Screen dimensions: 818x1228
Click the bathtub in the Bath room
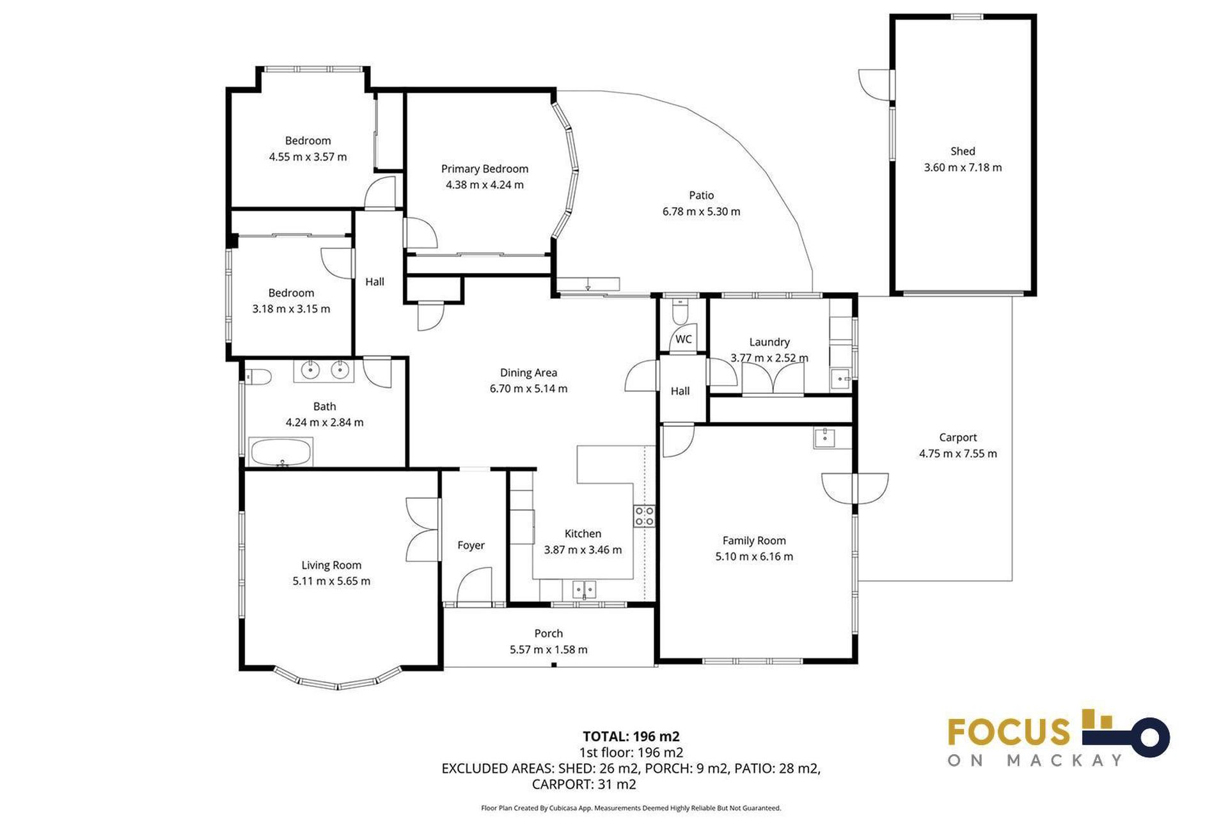[x=281, y=452]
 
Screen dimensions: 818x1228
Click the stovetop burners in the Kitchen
[x=644, y=515]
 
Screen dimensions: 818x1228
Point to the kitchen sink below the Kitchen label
[x=583, y=589]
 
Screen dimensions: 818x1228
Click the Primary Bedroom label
[x=484, y=169]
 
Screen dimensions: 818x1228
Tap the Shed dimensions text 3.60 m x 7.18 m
[x=962, y=168]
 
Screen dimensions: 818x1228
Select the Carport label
[x=957, y=437]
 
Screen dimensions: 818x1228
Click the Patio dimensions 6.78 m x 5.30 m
[x=701, y=212]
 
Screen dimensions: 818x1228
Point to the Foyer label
[x=471, y=546]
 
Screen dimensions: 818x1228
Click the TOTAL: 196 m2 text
[x=631, y=736]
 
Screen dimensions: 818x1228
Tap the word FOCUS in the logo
[x=1009, y=732]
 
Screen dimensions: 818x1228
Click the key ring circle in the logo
[x=1149, y=737]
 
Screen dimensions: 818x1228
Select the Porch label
[x=548, y=633]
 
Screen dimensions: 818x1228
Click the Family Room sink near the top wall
[x=824, y=438]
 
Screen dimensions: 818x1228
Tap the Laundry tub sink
[x=840, y=379]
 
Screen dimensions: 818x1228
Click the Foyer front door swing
[x=474, y=587]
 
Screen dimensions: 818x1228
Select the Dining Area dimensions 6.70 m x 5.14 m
[x=528, y=389]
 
